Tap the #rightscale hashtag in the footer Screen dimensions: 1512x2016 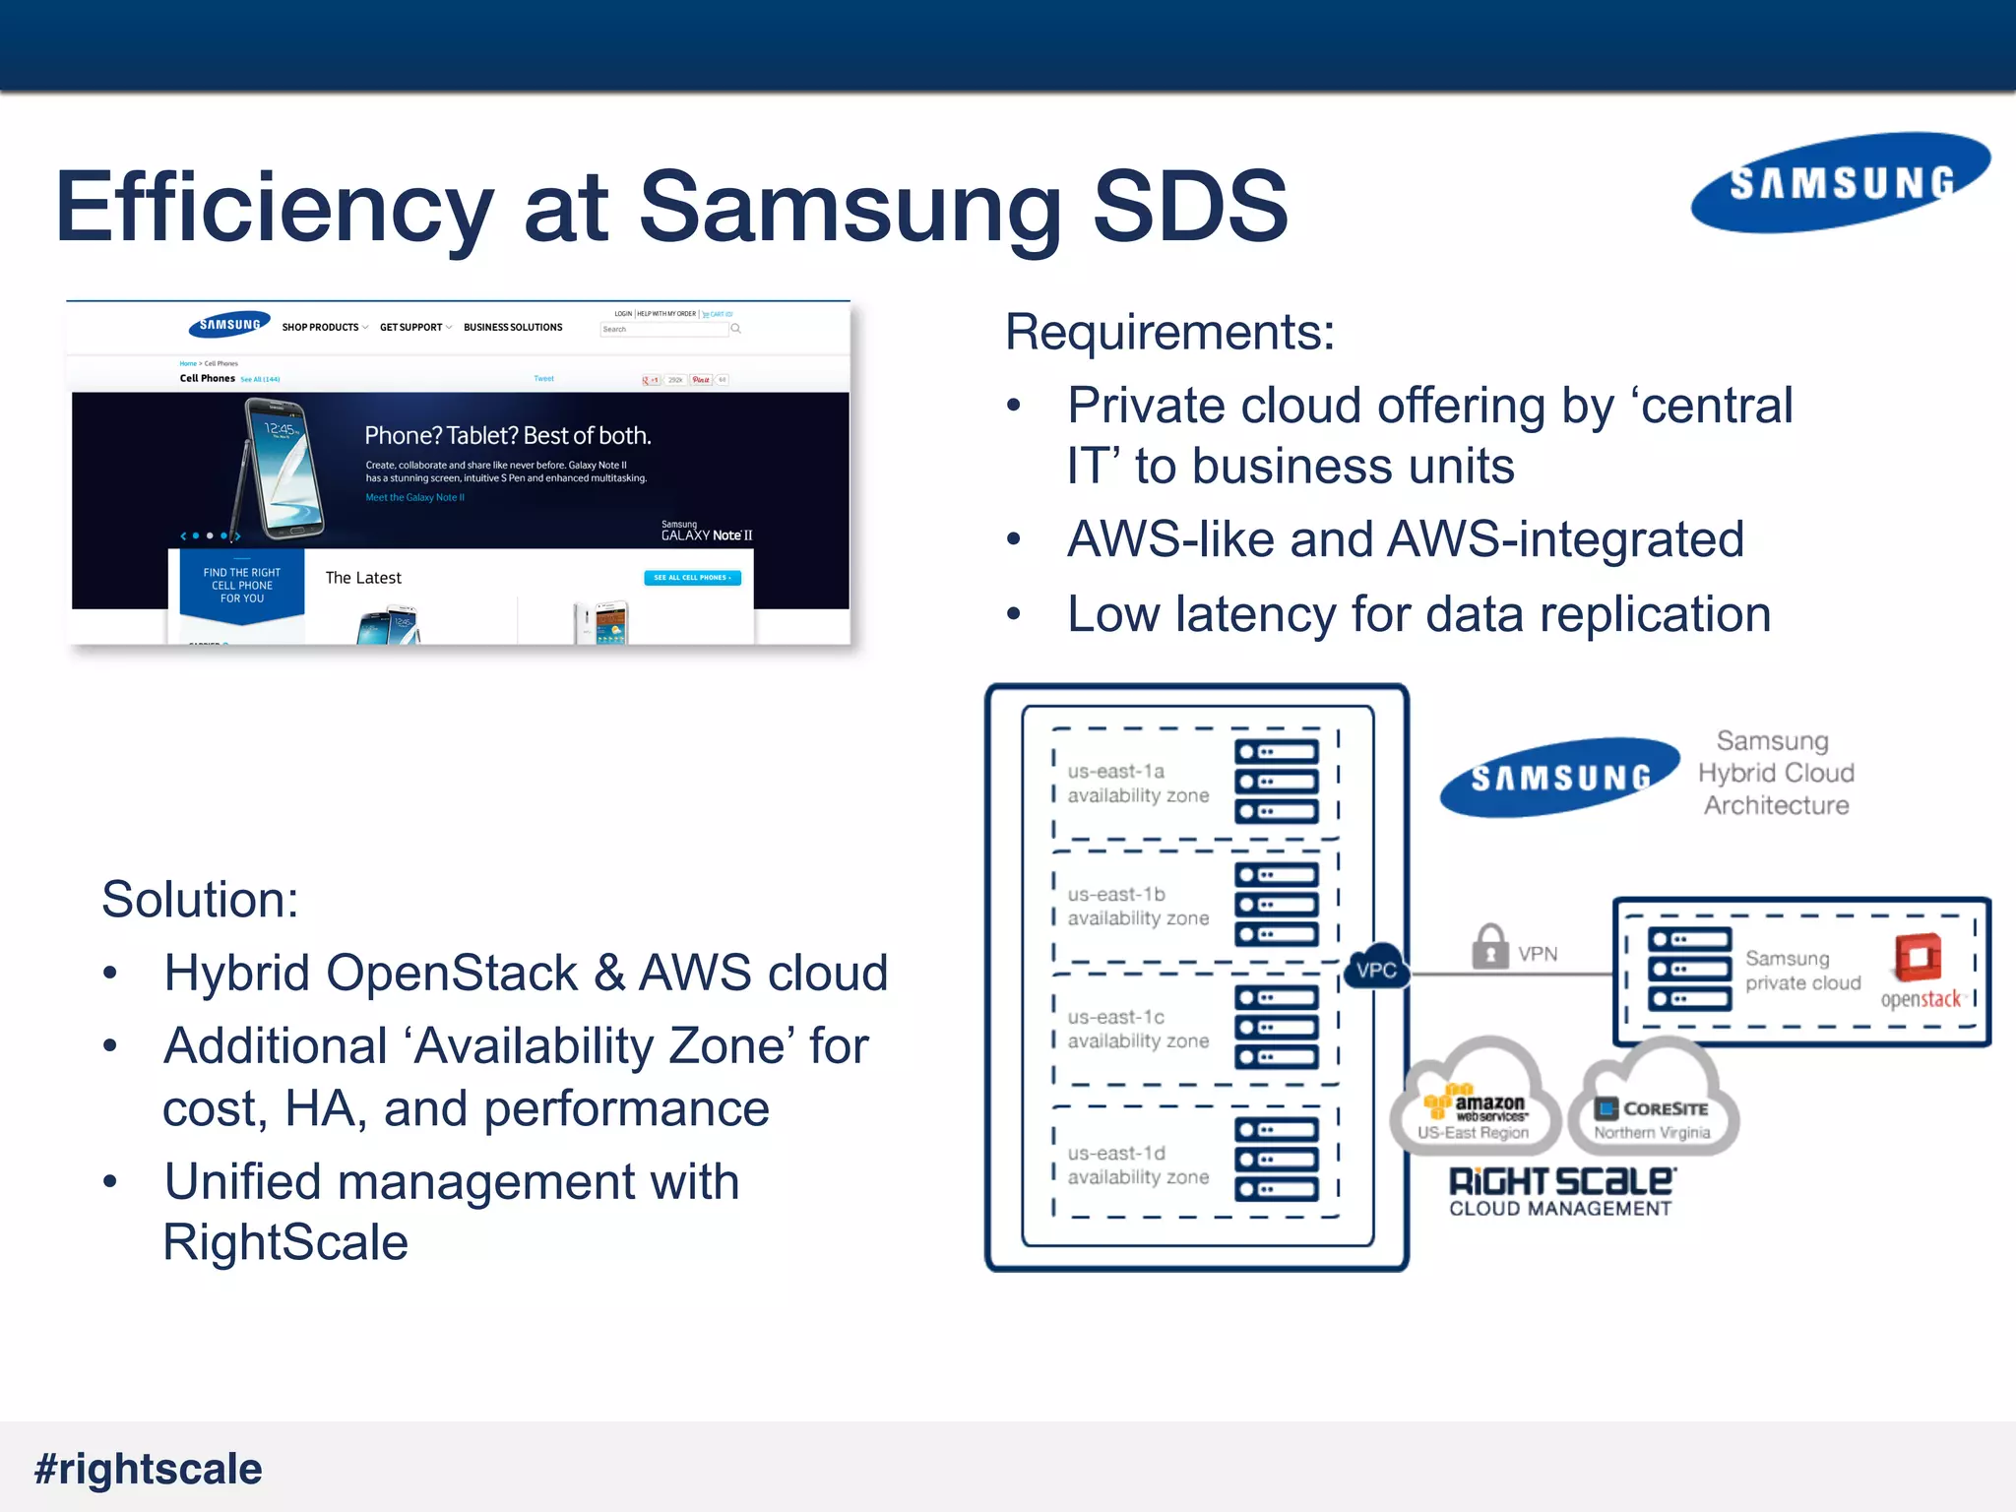click(149, 1469)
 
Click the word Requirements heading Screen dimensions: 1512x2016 click(1169, 332)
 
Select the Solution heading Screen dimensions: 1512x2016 click(200, 899)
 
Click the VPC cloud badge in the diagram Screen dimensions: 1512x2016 click(1375, 970)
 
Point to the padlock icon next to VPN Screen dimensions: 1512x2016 click(1489, 947)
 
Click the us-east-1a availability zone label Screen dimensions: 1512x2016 click(1137, 783)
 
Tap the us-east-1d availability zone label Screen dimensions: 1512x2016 click(1137, 1165)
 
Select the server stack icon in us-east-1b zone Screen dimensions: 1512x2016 click(1277, 904)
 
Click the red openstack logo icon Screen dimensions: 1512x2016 click(1918, 957)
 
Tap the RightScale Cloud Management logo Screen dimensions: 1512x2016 click(1560, 1192)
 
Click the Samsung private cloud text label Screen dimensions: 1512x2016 click(1801, 970)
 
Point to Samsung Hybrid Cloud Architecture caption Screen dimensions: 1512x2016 click(1776, 773)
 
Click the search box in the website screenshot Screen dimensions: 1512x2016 click(664, 329)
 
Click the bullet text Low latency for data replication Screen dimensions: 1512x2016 click(1418, 614)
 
